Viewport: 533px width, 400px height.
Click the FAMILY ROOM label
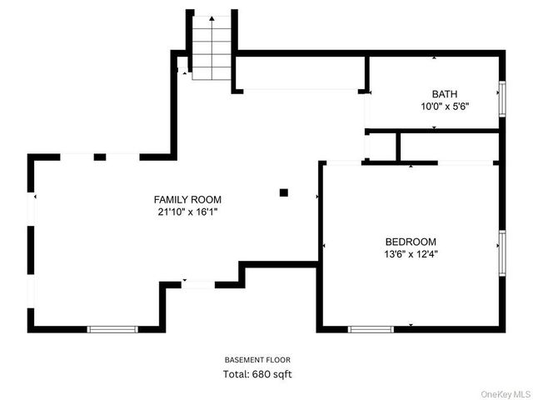(187, 200)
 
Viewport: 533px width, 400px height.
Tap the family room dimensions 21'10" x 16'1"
(187, 212)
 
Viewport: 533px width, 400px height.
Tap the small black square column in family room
(284, 192)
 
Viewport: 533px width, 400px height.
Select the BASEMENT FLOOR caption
(257, 360)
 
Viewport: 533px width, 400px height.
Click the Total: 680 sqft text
(257, 374)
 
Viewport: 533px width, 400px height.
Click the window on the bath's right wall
(501, 97)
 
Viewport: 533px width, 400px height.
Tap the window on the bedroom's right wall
(501, 252)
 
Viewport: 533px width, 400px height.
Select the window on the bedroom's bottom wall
(371, 329)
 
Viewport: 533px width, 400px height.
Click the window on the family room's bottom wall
(112, 329)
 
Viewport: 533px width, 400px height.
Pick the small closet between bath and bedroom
(382, 146)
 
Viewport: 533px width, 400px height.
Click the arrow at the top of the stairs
(212, 18)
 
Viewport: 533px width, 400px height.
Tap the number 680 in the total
(263, 374)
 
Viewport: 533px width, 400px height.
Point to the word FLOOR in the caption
(276, 360)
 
